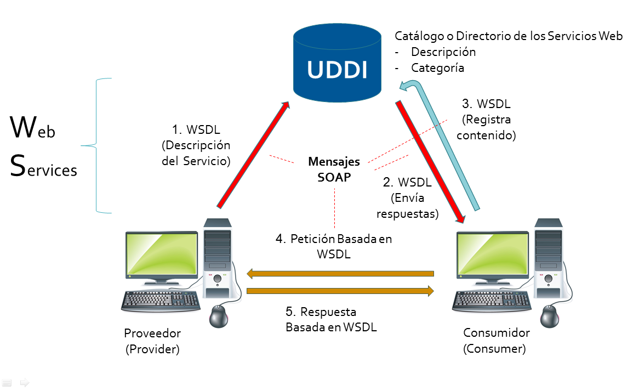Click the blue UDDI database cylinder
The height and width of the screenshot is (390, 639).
[x=337, y=64]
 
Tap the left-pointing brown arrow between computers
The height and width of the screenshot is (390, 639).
[x=340, y=273]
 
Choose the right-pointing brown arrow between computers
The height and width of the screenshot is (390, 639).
[x=340, y=291]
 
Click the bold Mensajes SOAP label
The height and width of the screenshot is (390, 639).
[x=334, y=169]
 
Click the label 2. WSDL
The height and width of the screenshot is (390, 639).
[x=407, y=183]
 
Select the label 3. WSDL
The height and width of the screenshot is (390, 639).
[x=486, y=104]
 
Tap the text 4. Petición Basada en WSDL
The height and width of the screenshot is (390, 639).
[x=334, y=246]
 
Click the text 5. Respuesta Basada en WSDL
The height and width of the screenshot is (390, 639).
[x=330, y=319]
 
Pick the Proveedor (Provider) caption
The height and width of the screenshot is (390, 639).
[x=152, y=341]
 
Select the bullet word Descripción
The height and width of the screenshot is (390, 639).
[x=443, y=52]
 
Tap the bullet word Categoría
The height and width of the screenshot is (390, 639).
[x=437, y=68]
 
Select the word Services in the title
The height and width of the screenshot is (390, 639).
[x=44, y=167]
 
